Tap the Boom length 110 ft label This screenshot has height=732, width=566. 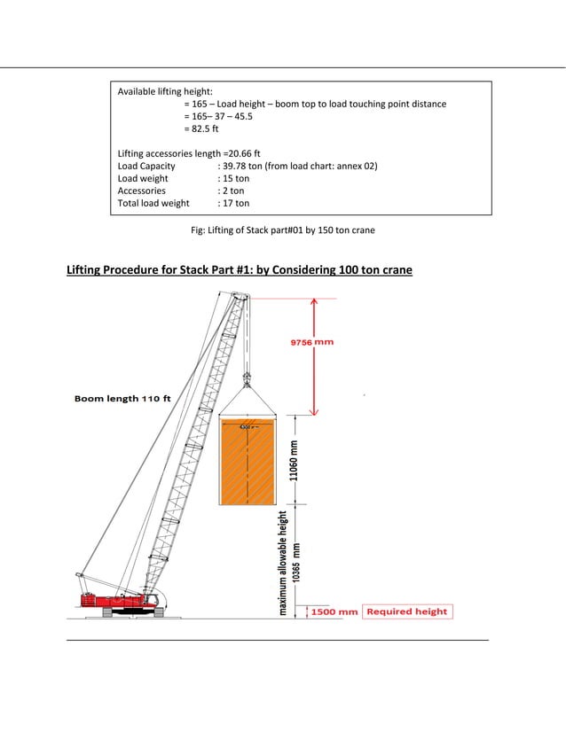click(x=122, y=399)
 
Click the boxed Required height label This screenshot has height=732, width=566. click(x=407, y=611)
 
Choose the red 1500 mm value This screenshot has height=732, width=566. click(x=334, y=611)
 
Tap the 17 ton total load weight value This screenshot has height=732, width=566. click(x=233, y=203)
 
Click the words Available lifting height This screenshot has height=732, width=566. click(x=165, y=91)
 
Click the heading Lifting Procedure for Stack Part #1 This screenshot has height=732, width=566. click(x=240, y=269)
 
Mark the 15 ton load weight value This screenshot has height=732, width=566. click(x=233, y=178)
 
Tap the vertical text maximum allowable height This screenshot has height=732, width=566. click(x=283, y=563)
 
